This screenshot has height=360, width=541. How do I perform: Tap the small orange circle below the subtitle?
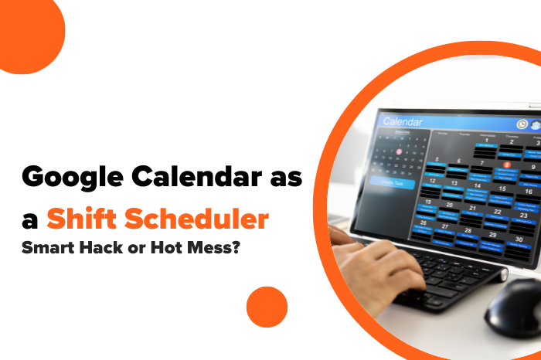tap(267, 307)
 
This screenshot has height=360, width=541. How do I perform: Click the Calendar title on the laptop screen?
tap(403, 122)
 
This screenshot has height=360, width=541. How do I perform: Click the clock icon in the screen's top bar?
tap(522, 124)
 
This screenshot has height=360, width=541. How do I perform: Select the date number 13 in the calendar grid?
tap(455, 183)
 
